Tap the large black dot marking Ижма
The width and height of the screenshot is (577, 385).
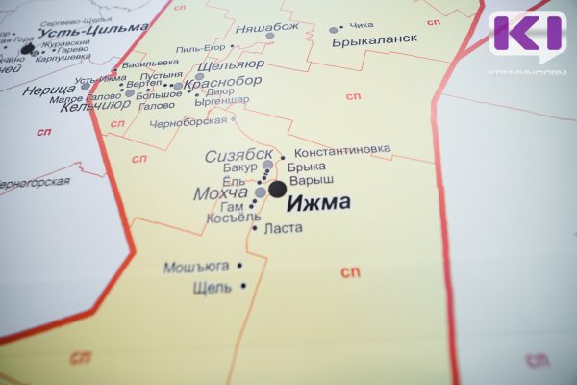click(x=277, y=190)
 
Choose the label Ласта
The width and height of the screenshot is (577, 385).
click(x=283, y=228)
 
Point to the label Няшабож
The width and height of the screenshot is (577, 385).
click(x=267, y=28)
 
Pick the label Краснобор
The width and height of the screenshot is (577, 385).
click(x=222, y=82)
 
